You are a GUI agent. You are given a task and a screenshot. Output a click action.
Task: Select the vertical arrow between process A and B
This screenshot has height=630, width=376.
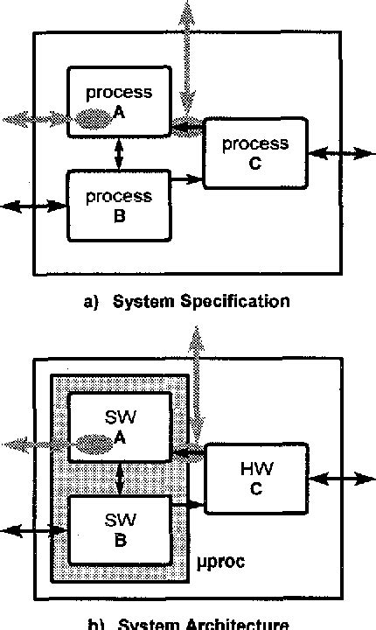(x=119, y=154)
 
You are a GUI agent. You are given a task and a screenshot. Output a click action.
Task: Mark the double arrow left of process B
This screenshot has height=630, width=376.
(x=33, y=206)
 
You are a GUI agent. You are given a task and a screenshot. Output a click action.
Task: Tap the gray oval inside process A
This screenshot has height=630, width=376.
(x=95, y=119)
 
